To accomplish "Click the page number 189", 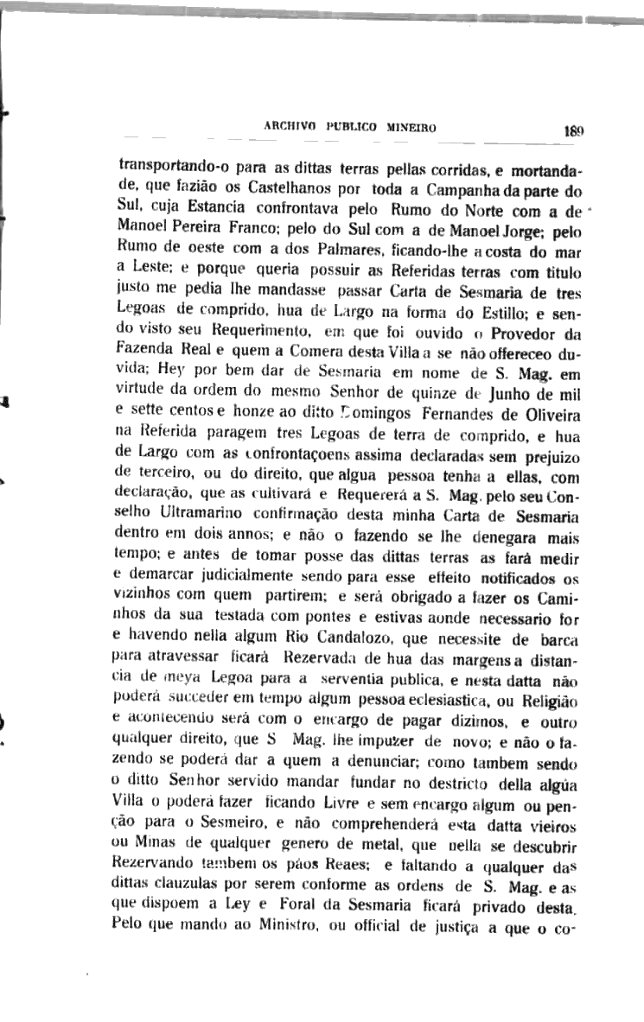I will pos(574,131).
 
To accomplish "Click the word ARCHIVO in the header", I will pos(291,129).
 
